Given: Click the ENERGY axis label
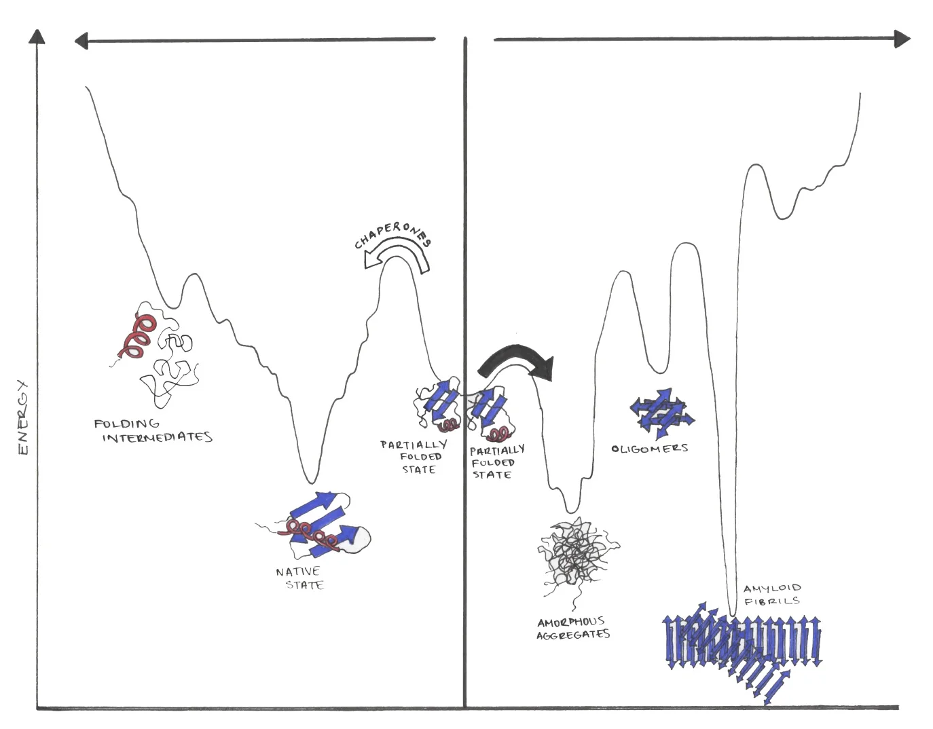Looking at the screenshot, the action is click(x=22, y=417).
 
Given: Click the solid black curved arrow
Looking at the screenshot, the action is click(x=519, y=360).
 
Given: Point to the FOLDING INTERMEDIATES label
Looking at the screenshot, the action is click(x=153, y=430).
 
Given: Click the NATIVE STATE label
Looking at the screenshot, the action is click(x=300, y=578).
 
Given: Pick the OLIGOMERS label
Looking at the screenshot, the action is click(x=650, y=449).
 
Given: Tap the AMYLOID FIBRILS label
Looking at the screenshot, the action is click(x=772, y=595).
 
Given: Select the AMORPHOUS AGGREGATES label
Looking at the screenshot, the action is click(x=573, y=629).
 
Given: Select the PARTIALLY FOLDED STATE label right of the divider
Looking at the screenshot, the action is click(x=496, y=462).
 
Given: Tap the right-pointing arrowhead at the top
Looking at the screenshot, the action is click(x=902, y=39).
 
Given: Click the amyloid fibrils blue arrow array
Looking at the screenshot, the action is click(x=740, y=645).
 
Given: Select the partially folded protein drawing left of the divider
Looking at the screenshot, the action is click(x=439, y=407).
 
